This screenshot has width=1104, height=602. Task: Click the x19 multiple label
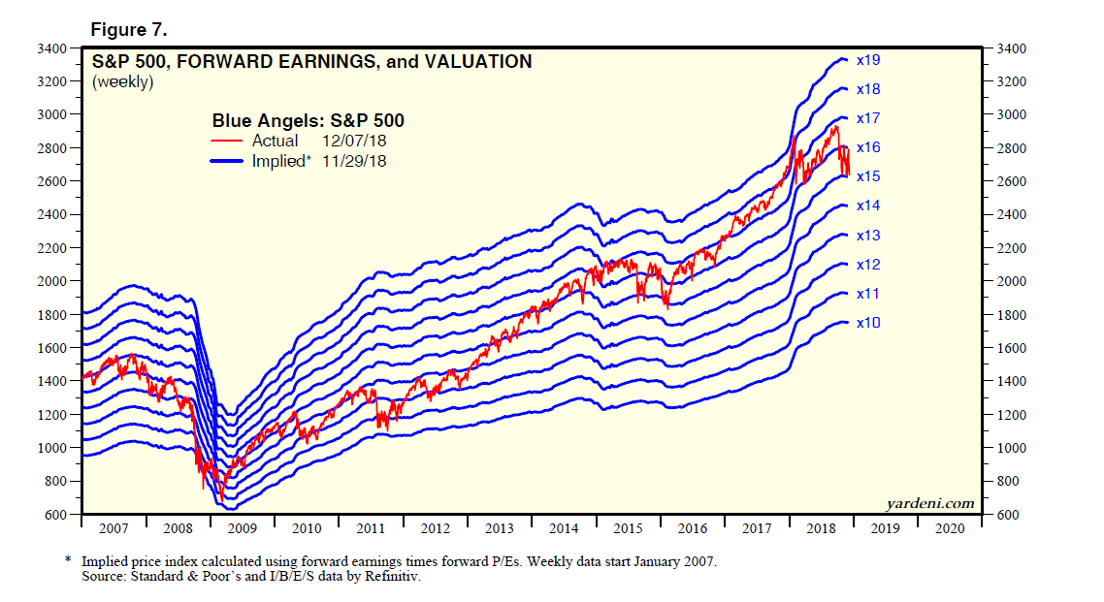point(868,60)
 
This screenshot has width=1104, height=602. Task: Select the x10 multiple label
point(868,322)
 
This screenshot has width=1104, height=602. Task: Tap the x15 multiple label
point(868,176)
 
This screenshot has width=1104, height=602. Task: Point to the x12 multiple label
point(868,264)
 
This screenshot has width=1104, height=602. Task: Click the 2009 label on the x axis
point(242,529)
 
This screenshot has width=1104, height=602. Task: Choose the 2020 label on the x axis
point(949,529)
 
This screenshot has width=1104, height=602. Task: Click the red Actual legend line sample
point(229,142)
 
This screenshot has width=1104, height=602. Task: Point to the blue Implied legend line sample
point(229,162)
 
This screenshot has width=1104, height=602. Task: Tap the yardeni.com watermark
point(929,503)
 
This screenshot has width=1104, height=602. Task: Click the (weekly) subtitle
point(122,82)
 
